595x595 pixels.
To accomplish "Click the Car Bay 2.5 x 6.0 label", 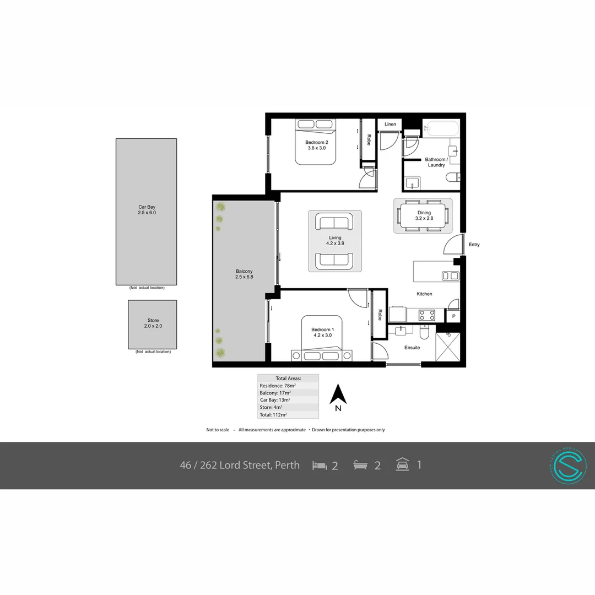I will (x=147, y=209).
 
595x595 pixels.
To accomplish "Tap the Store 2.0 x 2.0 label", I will (x=153, y=323).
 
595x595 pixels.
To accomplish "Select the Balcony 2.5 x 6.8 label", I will (x=244, y=274).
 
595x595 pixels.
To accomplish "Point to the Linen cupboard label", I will (x=390, y=125).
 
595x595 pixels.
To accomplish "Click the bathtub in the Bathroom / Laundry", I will (x=441, y=129).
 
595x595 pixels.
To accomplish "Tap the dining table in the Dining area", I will (x=423, y=215).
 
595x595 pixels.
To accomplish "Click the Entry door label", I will (x=474, y=245).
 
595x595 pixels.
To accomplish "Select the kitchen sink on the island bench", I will (x=450, y=276).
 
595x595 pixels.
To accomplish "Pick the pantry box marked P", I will (x=453, y=316).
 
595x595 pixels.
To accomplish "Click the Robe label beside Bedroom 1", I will (x=380, y=315).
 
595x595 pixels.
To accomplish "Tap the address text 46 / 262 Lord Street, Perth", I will (x=240, y=465).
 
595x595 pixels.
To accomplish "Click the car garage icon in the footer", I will (x=402, y=464).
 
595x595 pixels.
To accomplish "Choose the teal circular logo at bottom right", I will (x=568, y=466).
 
